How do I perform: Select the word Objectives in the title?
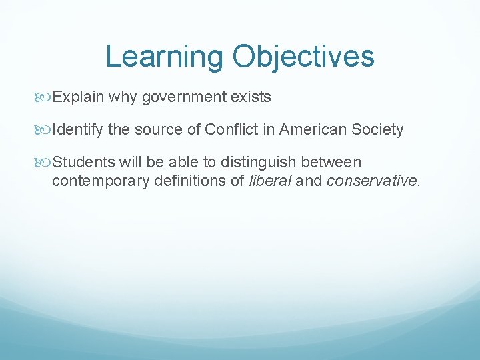pyautogui.click(x=303, y=57)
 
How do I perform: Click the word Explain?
pyautogui.click(x=79, y=97)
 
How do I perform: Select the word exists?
pyautogui.click(x=251, y=97)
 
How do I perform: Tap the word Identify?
pyautogui.click(x=78, y=129)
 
